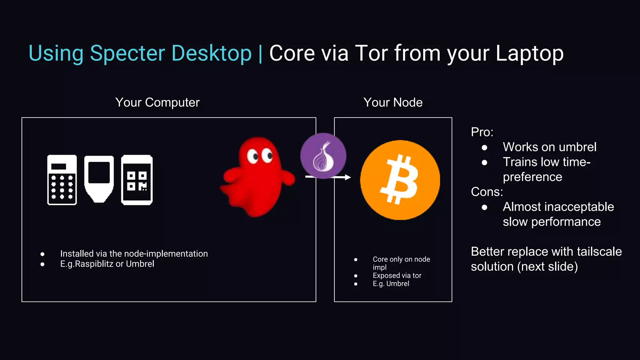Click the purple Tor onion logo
click(x=323, y=156)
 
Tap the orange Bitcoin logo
click(x=400, y=180)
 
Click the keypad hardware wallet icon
click(x=62, y=180)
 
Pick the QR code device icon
click(x=137, y=180)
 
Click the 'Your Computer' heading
click(x=157, y=102)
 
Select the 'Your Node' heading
click(x=393, y=102)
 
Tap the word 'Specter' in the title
click(x=127, y=53)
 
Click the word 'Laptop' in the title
click(x=529, y=53)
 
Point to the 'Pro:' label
click(x=482, y=132)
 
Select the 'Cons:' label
click(x=487, y=192)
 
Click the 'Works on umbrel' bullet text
click(x=549, y=147)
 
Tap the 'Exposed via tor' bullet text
click(x=397, y=276)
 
